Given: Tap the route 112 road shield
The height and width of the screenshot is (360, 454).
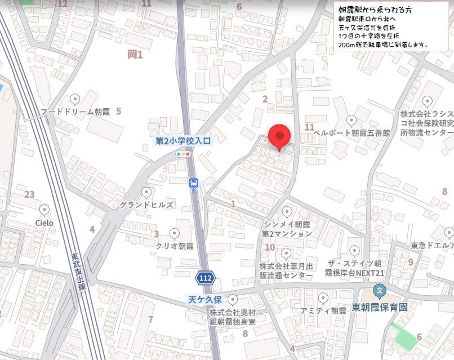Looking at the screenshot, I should [x=205, y=278].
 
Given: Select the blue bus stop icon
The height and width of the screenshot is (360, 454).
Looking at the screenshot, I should [x=194, y=183].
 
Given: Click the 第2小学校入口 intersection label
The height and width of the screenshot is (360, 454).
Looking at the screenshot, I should [x=183, y=141].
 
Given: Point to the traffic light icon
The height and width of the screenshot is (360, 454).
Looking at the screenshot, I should [x=183, y=153].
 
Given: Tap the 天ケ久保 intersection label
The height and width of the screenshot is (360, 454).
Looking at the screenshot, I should [x=206, y=300].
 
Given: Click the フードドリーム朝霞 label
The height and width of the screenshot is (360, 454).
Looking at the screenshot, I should [x=75, y=112].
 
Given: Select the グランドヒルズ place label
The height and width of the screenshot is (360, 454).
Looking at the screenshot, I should [x=146, y=205].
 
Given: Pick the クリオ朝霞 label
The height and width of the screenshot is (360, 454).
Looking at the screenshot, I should [x=175, y=246].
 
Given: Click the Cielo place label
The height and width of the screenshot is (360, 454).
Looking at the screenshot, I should [x=44, y=223].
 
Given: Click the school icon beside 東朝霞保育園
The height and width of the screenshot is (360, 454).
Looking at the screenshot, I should [x=380, y=292].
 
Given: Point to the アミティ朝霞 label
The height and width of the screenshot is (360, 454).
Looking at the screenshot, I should [x=323, y=310].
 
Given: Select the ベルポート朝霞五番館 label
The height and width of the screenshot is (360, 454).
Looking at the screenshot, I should [x=351, y=133].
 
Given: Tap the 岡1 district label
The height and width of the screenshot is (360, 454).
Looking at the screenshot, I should [x=135, y=55].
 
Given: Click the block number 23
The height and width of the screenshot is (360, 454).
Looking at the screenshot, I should [x=29, y=195].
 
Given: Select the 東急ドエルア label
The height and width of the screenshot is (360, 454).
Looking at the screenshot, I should [x=433, y=246].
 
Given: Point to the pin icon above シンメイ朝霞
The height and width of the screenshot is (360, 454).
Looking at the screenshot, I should [x=287, y=212].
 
